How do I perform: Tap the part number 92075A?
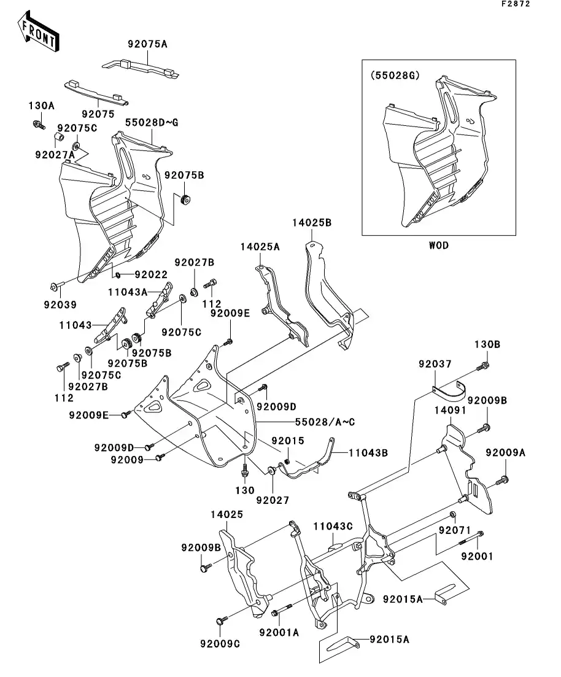[147, 44]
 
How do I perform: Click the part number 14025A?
[260, 246]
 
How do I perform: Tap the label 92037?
[435, 364]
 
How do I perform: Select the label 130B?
[487, 345]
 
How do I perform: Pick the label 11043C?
[333, 526]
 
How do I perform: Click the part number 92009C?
[219, 644]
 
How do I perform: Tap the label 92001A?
[279, 632]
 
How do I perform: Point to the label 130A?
[42, 106]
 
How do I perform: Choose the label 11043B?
[368, 453]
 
